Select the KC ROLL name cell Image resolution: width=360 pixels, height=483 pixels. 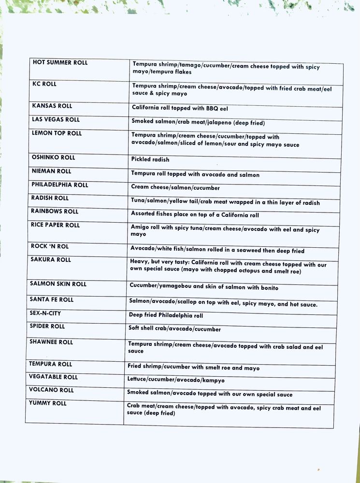click(44, 84)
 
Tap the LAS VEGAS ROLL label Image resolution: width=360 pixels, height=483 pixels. click(56, 119)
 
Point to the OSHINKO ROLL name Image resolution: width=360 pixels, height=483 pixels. click(53, 157)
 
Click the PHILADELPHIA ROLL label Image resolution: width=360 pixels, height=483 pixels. click(60, 185)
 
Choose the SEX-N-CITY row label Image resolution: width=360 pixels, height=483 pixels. click(45, 313)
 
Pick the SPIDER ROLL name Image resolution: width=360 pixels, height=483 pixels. click(47, 327)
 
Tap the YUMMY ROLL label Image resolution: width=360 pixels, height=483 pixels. click(47, 403)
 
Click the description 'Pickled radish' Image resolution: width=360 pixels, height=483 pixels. click(150, 159)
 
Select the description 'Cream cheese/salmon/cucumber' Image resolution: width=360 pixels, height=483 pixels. click(175, 187)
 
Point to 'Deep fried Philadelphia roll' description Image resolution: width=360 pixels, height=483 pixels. click(166, 315)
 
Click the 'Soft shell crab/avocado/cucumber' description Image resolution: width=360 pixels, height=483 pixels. click(174, 329)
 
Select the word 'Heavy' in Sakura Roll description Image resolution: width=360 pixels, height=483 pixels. click(139, 261)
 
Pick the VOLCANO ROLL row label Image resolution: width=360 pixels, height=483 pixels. click(51, 390)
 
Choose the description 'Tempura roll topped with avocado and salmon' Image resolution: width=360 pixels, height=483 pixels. click(195, 174)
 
